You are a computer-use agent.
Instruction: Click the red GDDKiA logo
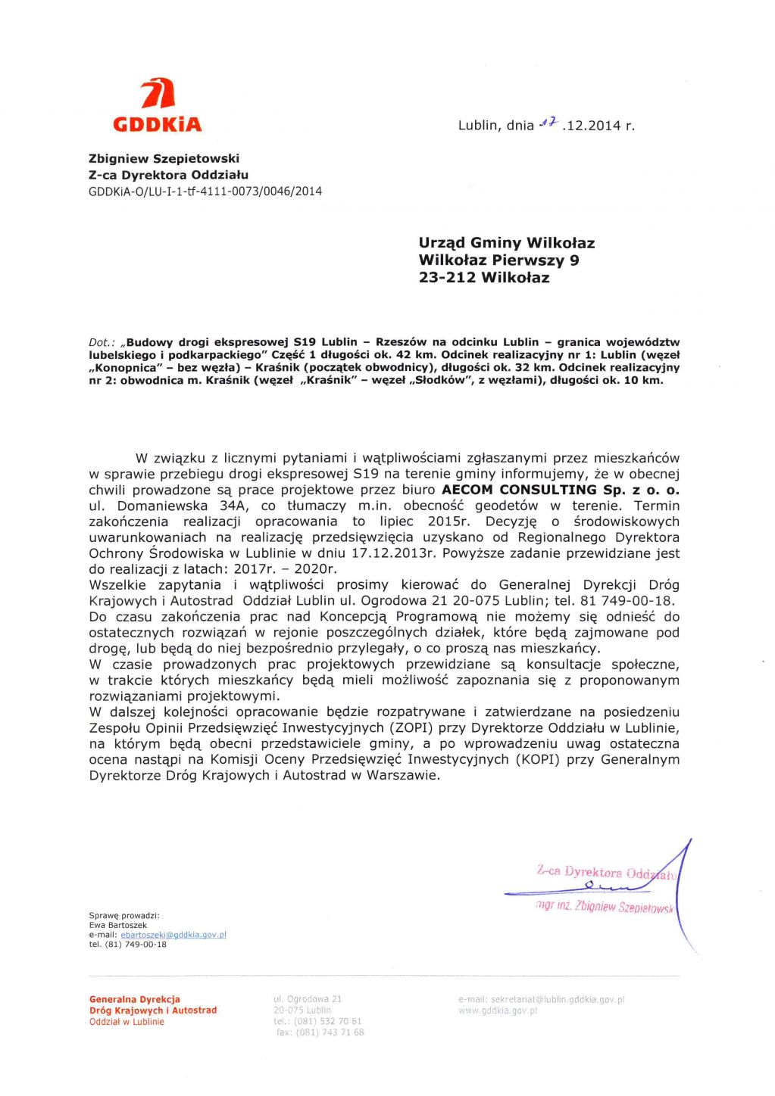(x=158, y=106)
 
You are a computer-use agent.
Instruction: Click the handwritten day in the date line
(x=548, y=123)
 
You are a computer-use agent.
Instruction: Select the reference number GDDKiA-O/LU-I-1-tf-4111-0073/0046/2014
(x=205, y=191)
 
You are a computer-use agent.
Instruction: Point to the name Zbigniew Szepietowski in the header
(x=164, y=159)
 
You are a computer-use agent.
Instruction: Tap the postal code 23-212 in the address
(x=447, y=278)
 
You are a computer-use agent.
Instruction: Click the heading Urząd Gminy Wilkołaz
(x=506, y=243)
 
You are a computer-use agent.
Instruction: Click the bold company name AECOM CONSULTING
(x=519, y=490)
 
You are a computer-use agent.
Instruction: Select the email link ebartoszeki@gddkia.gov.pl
(x=173, y=935)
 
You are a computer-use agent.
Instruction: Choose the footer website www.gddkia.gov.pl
(x=498, y=1010)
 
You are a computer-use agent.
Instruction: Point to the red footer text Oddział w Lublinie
(x=127, y=1022)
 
